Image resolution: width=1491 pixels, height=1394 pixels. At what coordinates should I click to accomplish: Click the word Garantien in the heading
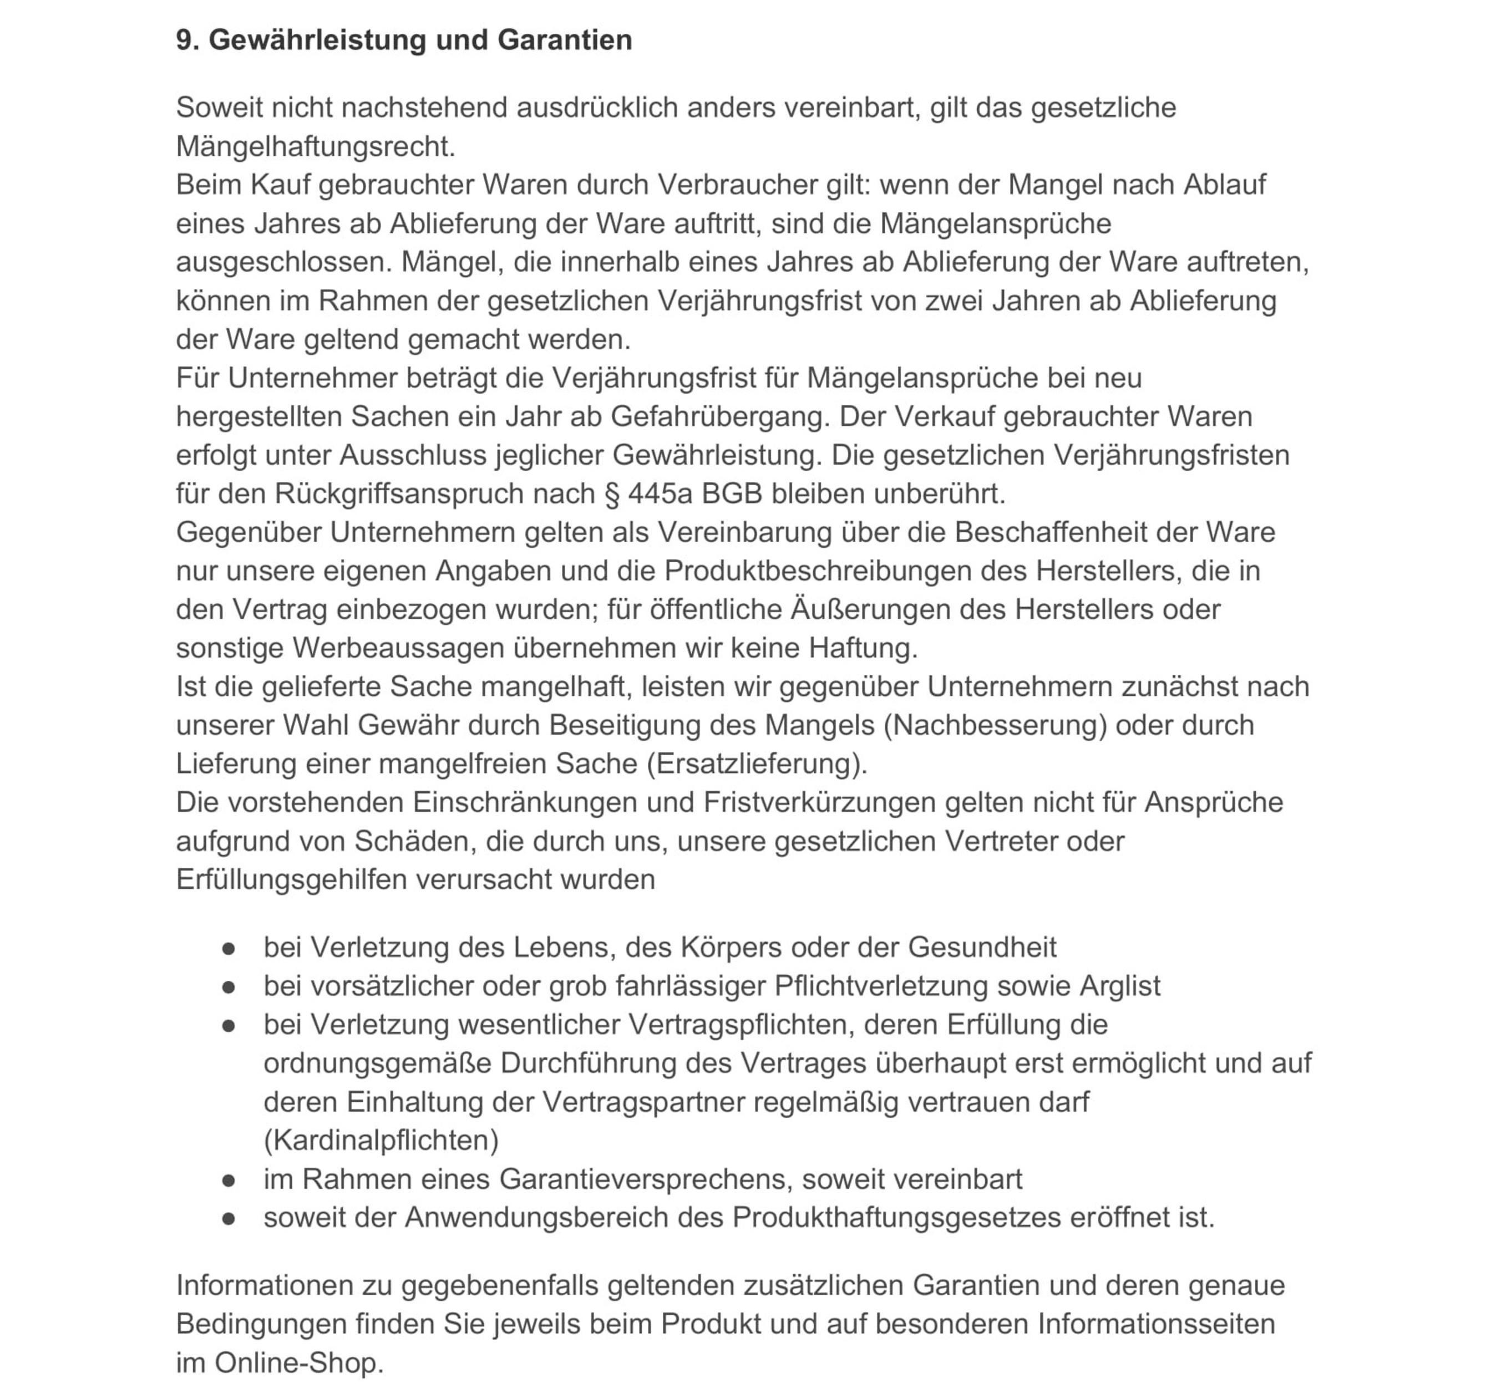pyautogui.click(x=564, y=40)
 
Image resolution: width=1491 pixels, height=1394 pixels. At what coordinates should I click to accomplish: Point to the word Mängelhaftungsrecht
pyautogui.click(x=315, y=146)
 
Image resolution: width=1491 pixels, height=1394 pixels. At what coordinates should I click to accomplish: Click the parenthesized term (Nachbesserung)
pyautogui.click(x=995, y=725)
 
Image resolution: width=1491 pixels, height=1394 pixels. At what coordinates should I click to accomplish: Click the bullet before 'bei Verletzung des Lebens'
pyautogui.click(x=229, y=949)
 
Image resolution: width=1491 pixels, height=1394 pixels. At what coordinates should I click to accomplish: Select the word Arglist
pyautogui.click(x=1120, y=986)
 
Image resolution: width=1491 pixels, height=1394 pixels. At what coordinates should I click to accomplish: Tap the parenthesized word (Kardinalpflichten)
pyautogui.click(x=381, y=1141)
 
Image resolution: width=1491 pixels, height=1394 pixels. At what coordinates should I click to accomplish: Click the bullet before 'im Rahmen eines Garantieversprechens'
pyautogui.click(x=229, y=1181)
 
